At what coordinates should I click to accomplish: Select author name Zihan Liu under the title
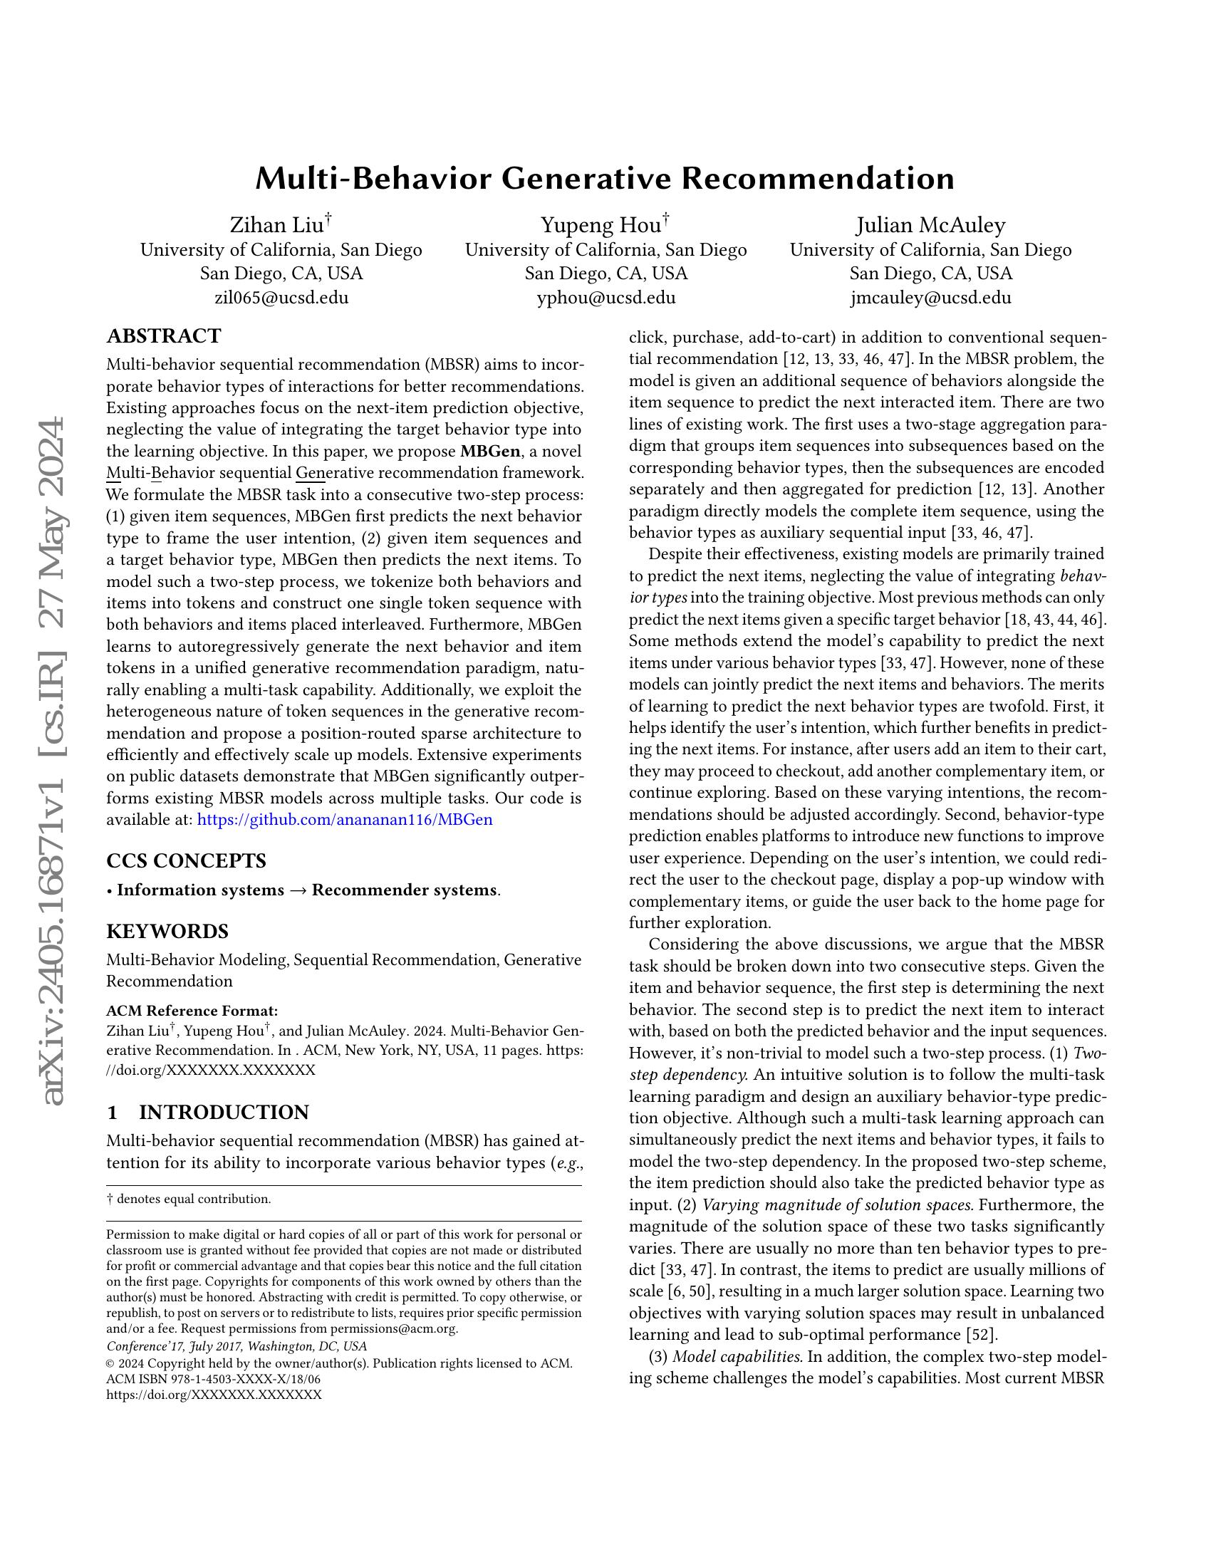tap(276, 225)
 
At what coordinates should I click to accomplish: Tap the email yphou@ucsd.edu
tap(605, 298)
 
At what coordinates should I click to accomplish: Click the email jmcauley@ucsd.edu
tap(930, 298)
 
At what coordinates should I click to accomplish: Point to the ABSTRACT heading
tap(164, 335)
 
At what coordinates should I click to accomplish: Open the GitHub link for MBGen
tap(344, 819)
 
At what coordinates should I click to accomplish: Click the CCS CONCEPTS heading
tap(186, 860)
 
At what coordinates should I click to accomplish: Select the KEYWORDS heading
tap(167, 932)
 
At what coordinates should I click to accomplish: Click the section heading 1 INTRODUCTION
tap(207, 1112)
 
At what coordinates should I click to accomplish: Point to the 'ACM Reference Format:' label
tap(192, 1011)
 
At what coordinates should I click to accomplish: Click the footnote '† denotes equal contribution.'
tap(188, 1199)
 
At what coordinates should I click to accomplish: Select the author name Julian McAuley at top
tap(930, 225)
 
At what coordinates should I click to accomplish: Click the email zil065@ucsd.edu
tap(281, 298)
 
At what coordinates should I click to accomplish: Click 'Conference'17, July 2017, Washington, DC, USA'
tap(236, 1347)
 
